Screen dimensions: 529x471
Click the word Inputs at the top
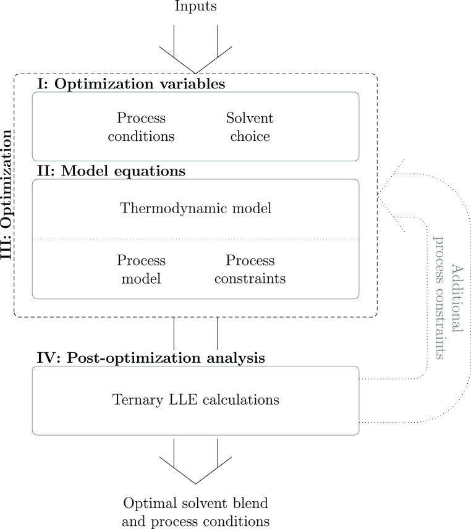pyautogui.click(x=195, y=7)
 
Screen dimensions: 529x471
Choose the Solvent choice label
pyautogui.click(x=250, y=127)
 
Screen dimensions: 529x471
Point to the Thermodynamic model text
pyautogui.click(x=195, y=209)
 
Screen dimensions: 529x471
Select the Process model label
pyautogui.click(x=140, y=269)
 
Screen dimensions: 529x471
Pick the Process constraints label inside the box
pyautogui.click(x=250, y=269)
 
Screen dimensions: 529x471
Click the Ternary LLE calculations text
pyautogui.click(x=195, y=400)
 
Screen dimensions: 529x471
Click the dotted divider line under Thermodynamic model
pyautogui.click(x=195, y=239)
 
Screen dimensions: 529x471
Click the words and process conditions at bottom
pyautogui.click(x=195, y=520)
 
